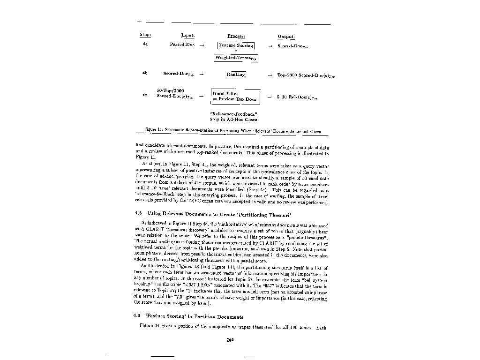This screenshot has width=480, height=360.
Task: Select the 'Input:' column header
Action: pyautogui.click(x=188, y=35)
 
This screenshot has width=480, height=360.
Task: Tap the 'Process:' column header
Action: pyautogui.click(x=236, y=36)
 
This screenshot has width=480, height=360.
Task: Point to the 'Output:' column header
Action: pyautogui.click(x=286, y=37)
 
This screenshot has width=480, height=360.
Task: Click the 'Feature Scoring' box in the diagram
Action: pyautogui.click(x=236, y=45)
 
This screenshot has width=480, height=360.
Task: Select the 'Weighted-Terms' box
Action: pyautogui.click(x=236, y=58)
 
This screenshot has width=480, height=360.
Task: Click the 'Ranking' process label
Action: pyautogui.click(x=236, y=75)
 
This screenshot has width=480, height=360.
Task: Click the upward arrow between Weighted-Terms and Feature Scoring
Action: pyautogui.click(x=236, y=52)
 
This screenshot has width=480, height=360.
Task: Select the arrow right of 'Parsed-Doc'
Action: pyautogui.click(x=201, y=45)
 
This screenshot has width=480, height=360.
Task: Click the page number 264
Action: pyautogui.click(x=230, y=340)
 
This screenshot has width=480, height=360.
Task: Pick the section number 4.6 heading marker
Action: pyautogui.click(x=137, y=316)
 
